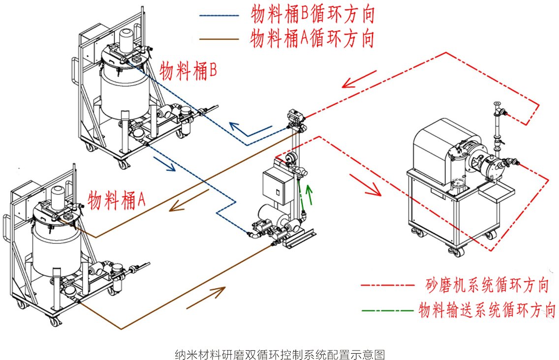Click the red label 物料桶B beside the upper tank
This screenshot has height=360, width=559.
[188, 71]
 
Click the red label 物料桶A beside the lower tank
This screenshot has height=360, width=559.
[117, 200]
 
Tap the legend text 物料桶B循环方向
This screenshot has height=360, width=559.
[312, 15]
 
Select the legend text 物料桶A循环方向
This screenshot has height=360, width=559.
[312, 38]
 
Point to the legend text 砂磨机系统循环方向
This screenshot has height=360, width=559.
[487, 285]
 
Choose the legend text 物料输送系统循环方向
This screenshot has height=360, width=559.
[487, 310]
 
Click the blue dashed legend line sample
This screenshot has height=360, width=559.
[219, 16]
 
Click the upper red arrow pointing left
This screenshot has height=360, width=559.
[359, 79]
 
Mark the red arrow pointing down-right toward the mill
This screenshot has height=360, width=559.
[366, 184]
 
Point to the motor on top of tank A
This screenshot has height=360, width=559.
[58, 198]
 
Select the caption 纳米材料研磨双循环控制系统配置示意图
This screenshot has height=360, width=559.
[279, 354]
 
